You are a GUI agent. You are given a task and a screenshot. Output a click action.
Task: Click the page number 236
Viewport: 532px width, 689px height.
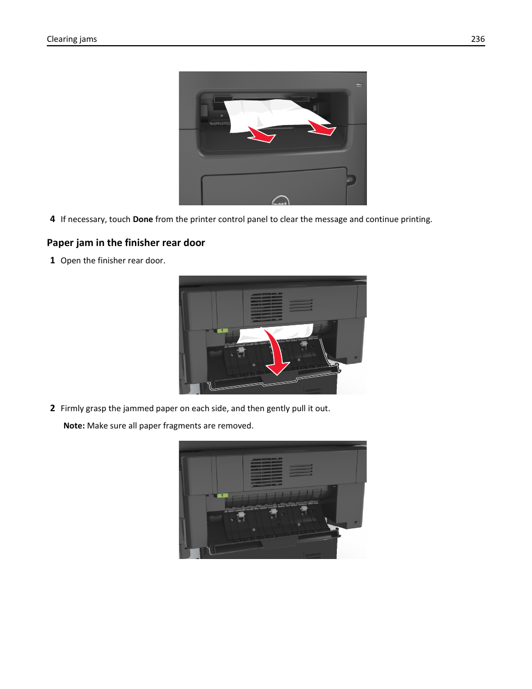pyautogui.click(x=477, y=39)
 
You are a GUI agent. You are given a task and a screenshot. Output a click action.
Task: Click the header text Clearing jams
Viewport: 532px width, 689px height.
pyautogui.click(x=71, y=39)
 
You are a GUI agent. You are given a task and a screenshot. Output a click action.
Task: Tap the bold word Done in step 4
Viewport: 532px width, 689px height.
pyautogui.click(x=143, y=219)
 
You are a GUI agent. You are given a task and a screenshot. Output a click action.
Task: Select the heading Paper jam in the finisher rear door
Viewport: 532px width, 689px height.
pyautogui.click(x=126, y=243)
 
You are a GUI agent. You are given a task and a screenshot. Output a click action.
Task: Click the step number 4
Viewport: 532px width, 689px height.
pyautogui.click(x=52, y=219)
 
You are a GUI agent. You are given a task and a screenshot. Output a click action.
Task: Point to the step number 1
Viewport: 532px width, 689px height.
pyautogui.click(x=52, y=261)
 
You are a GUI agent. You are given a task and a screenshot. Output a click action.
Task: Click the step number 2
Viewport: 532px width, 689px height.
pyautogui.click(x=52, y=408)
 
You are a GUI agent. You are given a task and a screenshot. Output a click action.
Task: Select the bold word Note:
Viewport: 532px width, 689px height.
pyautogui.click(x=74, y=426)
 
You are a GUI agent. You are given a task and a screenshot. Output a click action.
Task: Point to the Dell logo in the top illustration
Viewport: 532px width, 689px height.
pyautogui.click(x=280, y=201)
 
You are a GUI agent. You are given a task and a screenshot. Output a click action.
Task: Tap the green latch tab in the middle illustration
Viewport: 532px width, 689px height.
pyautogui.click(x=223, y=330)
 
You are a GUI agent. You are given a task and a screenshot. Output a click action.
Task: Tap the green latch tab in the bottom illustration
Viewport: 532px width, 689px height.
pyautogui.click(x=223, y=495)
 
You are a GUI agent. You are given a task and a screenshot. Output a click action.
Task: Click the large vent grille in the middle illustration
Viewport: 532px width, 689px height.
pyautogui.click(x=266, y=307)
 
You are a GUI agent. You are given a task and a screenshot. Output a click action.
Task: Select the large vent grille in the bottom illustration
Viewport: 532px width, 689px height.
pyautogui.click(x=266, y=472)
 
